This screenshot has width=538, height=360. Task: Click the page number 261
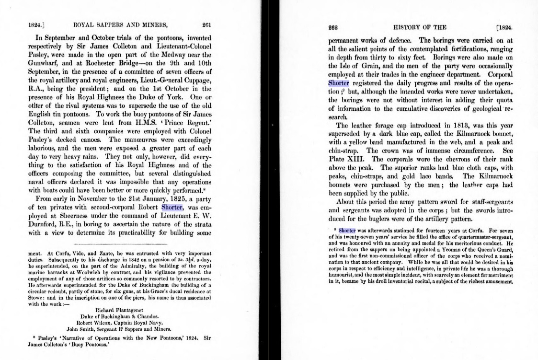[x=206, y=25]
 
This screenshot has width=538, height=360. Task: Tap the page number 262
[x=333, y=27]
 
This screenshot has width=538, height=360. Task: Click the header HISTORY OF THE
[x=419, y=27]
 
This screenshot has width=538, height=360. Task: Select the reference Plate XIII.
[x=343, y=159]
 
